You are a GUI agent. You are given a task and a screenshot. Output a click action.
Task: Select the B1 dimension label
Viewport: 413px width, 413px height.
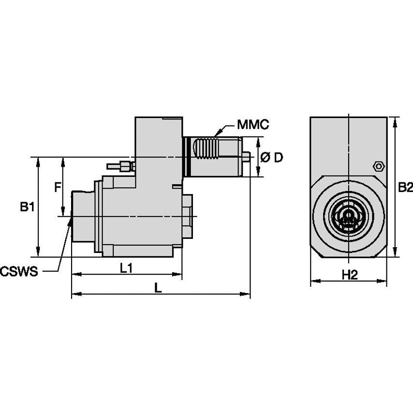click(x=27, y=207)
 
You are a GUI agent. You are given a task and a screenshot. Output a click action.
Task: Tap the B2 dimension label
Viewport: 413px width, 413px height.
click(x=404, y=187)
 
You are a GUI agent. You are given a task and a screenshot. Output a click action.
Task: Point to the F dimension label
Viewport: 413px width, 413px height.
click(x=57, y=187)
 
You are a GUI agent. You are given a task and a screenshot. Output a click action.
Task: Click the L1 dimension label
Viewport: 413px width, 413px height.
click(x=126, y=268)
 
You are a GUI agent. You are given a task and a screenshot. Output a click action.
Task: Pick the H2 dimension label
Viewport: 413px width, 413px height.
click(x=349, y=275)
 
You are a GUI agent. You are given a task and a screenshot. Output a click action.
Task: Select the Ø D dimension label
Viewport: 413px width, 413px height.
click(x=271, y=158)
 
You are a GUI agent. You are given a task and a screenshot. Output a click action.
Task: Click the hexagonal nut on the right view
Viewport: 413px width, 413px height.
click(x=378, y=166)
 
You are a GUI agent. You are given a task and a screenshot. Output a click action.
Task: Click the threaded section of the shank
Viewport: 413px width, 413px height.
click(x=206, y=149)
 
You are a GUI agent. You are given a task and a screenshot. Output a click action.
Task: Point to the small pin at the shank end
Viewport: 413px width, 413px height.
click(x=246, y=157)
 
